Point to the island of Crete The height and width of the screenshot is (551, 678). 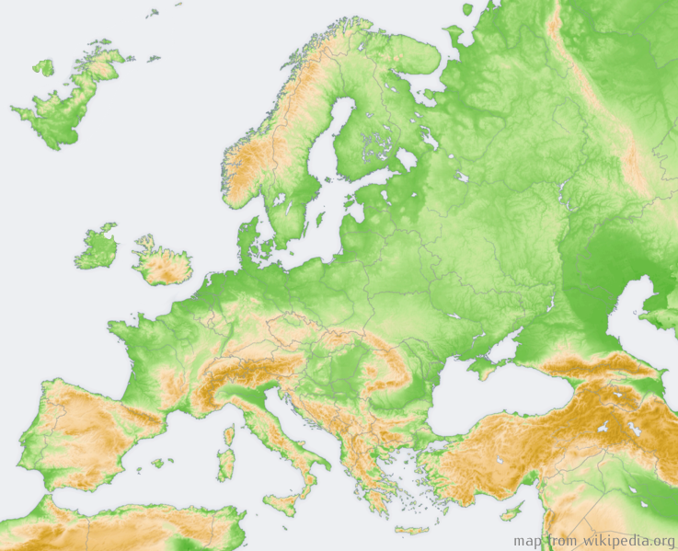(411, 529)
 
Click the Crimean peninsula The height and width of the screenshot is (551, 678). (485, 367)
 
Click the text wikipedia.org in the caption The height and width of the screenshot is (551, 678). (625, 541)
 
